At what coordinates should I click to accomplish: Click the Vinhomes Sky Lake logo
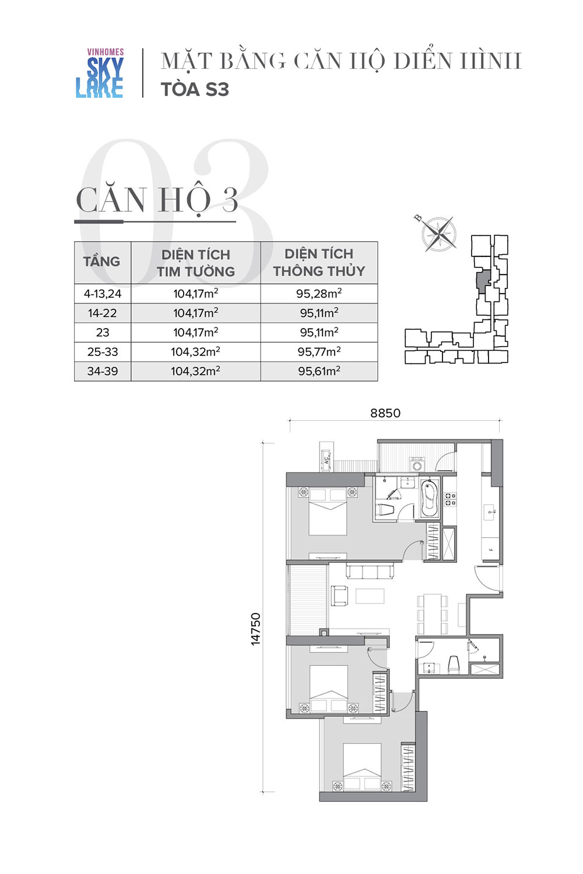(x=100, y=73)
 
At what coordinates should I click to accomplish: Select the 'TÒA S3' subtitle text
(x=195, y=89)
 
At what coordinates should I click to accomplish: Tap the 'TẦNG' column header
(x=101, y=262)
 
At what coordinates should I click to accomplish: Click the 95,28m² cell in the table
(x=319, y=294)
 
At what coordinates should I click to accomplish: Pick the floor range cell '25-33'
(x=103, y=351)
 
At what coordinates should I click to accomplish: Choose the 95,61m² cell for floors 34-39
(x=319, y=371)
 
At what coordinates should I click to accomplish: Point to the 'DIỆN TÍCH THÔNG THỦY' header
(x=319, y=262)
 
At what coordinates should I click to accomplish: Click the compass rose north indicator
(x=419, y=218)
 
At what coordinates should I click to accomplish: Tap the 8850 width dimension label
(x=385, y=413)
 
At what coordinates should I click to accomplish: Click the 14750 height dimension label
(x=255, y=629)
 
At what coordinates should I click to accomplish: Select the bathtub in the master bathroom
(x=430, y=499)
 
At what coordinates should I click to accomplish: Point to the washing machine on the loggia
(x=417, y=465)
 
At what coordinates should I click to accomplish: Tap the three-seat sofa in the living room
(x=370, y=571)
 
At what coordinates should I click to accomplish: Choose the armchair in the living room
(x=339, y=596)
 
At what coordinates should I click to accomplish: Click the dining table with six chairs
(x=432, y=615)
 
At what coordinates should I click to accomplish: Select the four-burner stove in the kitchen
(x=450, y=499)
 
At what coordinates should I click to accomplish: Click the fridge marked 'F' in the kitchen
(x=490, y=549)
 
